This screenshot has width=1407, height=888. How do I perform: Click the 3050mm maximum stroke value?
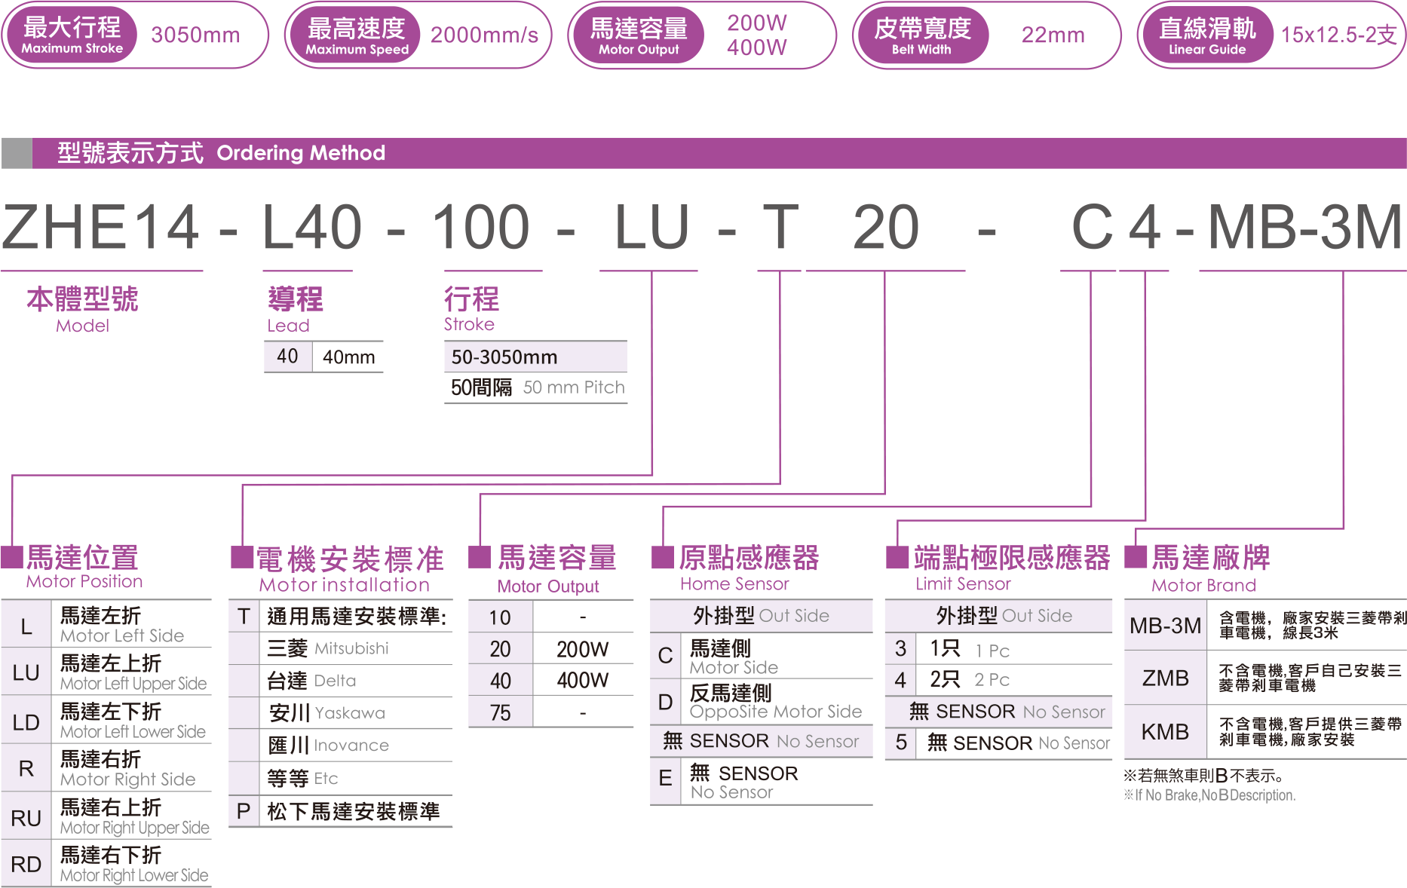click(x=195, y=35)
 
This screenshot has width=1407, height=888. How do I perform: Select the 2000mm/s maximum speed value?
click(x=484, y=35)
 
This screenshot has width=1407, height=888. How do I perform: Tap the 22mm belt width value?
click(x=1053, y=35)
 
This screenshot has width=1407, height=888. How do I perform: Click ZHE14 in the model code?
click(x=101, y=227)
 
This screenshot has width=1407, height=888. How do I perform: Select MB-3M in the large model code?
click(x=1304, y=227)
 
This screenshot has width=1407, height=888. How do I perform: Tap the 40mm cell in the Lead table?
click(x=348, y=357)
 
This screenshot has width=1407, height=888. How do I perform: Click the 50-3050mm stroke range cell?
click(x=504, y=357)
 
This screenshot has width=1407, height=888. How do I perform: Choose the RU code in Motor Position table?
click(x=26, y=818)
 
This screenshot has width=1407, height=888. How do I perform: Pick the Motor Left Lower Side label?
click(x=133, y=731)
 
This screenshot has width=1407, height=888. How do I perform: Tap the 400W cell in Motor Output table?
click(x=582, y=681)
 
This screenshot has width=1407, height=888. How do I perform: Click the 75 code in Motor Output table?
click(x=500, y=713)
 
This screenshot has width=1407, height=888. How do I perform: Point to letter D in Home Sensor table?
click(x=665, y=702)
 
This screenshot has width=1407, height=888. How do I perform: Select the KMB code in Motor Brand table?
click(x=1165, y=732)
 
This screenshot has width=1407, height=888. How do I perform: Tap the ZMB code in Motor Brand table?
click(x=1165, y=678)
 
